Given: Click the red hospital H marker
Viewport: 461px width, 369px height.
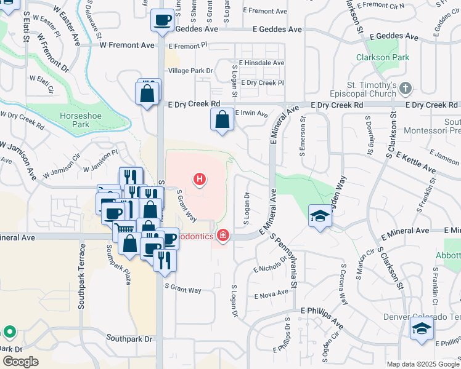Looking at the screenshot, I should coord(200,180).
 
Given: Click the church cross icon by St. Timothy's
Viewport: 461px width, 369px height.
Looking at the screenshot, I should coord(405,89).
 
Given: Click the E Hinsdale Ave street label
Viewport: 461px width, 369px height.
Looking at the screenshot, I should coord(262,63).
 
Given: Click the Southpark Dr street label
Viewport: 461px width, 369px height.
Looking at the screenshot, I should coord(129,339).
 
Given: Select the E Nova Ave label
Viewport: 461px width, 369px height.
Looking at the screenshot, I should coord(271,294).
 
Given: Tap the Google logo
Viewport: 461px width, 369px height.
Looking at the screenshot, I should coord(20,361).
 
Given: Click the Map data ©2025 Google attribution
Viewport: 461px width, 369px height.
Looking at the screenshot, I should coord(423,364).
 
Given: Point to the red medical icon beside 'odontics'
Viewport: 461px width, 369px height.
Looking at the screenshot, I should coord(222,236).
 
